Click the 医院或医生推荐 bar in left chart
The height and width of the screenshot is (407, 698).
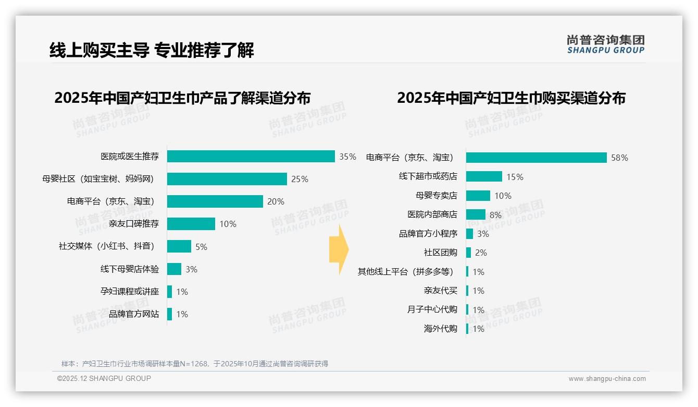pyautogui.click(x=251, y=157)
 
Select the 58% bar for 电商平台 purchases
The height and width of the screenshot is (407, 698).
pyautogui.click(x=536, y=158)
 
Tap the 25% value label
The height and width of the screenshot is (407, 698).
pyautogui.click(x=300, y=179)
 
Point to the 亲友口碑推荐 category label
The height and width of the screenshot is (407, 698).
pyautogui.click(x=134, y=224)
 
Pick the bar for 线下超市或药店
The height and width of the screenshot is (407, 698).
pyautogui.click(x=484, y=177)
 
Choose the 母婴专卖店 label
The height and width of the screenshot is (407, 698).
pyautogui.click(x=437, y=196)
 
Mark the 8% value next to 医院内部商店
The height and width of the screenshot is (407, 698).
pyautogui.click(x=495, y=215)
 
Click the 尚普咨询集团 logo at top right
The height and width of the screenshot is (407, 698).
pyautogui.click(x=605, y=44)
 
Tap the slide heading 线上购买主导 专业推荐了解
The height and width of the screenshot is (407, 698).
pyautogui.click(x=152, y=51)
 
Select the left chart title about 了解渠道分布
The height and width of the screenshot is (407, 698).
pyautogui.click(x=182, y=98)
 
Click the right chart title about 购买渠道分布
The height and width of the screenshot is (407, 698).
pyautogui.click(x=511, y=98)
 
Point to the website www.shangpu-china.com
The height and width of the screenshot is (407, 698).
pyautogui.click(x=607, y=379)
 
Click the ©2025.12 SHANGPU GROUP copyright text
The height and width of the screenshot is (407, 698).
pyautogui.click(x=104, y=378)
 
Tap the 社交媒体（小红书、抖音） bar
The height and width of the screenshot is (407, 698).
pyautogui.click(x=179, y=246)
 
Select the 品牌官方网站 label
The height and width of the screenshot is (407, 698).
pyautogui.click(x=134, y=314)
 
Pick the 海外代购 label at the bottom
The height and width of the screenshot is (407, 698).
pyautogui.click(x=440, y=329)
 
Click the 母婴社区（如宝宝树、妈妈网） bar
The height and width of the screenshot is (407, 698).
pyautogui.click(x=227, y=179)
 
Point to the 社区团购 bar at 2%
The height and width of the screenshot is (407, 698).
pyautogui.click(x=469, y=253)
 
